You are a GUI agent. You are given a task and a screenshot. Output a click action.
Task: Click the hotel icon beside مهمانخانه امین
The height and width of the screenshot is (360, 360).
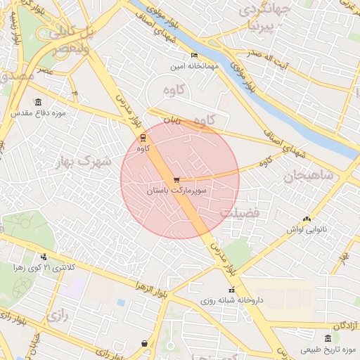[195, 56]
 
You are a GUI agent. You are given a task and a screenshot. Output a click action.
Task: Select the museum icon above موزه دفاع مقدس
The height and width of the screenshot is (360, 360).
[37, 102]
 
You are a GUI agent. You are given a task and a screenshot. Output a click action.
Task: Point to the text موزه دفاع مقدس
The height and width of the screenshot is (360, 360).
[38, 112]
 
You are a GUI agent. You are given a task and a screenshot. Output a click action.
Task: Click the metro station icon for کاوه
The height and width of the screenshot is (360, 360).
[143, 136]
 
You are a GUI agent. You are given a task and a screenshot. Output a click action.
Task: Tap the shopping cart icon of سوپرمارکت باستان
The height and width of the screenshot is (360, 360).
[176, 180]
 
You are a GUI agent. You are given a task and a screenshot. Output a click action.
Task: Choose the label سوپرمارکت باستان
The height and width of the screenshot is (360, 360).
[176, 191]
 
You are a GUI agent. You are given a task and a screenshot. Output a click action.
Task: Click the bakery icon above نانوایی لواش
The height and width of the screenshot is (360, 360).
[305, 219]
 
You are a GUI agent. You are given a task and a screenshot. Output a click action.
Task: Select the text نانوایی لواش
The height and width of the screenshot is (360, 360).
[304, 229]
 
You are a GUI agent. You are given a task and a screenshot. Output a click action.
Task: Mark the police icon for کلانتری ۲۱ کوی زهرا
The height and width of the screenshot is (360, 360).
[44, 257]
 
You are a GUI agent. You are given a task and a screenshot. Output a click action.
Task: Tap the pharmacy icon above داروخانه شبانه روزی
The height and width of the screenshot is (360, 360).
[231, 290]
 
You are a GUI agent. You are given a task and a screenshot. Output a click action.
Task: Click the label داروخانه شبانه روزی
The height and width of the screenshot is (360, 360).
[231, 300]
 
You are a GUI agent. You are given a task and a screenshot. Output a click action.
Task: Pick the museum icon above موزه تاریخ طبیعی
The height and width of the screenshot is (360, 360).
[328, 339]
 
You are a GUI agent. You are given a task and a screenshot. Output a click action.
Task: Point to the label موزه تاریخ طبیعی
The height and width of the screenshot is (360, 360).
[323, 349]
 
